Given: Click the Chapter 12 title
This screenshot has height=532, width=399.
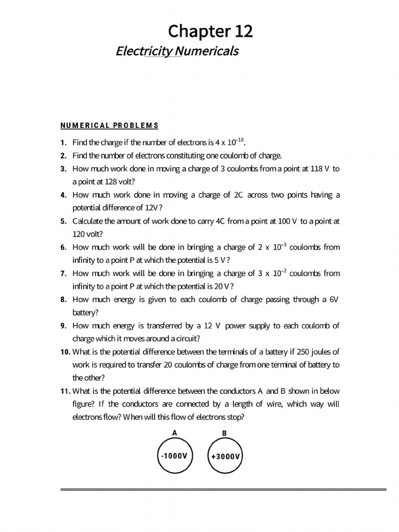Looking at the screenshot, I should tap(210, 32).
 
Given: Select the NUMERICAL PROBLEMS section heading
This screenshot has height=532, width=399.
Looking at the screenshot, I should tap(109, 125).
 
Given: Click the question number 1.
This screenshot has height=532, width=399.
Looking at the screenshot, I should tap(63, 143).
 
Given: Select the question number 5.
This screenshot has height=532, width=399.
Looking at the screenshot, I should tap(63, 221).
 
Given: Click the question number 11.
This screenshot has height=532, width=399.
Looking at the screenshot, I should tap(65, 391).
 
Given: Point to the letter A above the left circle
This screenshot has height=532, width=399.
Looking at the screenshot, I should tap(175, 432).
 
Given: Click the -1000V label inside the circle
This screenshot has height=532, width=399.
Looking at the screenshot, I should tap(175, 456).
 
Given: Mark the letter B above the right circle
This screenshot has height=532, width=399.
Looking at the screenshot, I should tap(224, 433).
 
